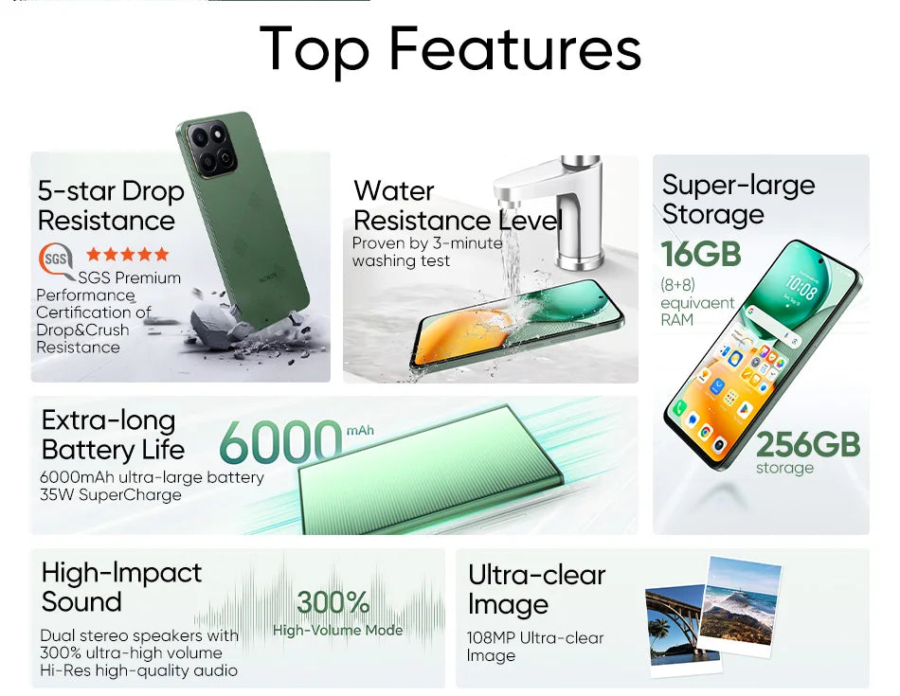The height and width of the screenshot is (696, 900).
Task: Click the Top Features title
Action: pos(450,49)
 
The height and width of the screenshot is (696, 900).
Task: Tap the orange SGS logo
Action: pos(54,259)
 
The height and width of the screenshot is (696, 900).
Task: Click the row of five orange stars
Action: pos(128,254)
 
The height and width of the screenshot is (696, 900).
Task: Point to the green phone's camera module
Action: pos(210,149)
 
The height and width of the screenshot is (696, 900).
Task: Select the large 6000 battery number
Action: pos(279,442)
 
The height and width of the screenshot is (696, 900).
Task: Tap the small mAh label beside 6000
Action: pos(360,431)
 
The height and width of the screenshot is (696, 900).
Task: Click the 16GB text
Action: pos(701,254)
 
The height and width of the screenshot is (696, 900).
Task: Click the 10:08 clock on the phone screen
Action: pos(801,288)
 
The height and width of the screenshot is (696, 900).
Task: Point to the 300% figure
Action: pos(333,602)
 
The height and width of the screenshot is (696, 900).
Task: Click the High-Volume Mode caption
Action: pos(338,630)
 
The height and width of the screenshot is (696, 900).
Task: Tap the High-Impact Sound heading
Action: pos(121,587)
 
